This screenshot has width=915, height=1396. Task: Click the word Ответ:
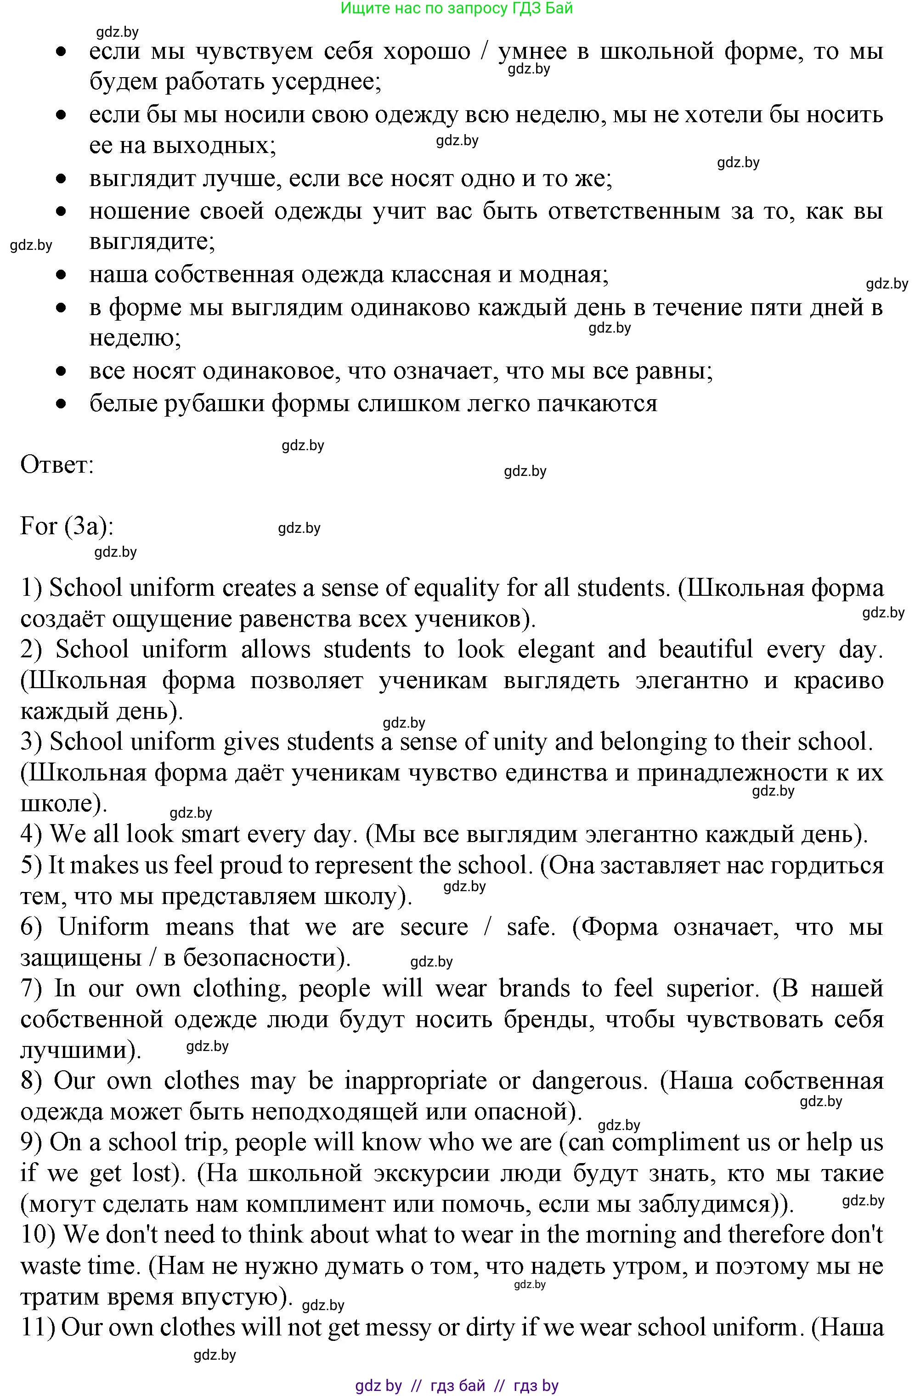tap(57, 465)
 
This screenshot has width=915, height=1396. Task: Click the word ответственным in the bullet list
tap(633, 211)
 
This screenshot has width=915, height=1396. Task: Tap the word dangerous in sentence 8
tap(587, 1081)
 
